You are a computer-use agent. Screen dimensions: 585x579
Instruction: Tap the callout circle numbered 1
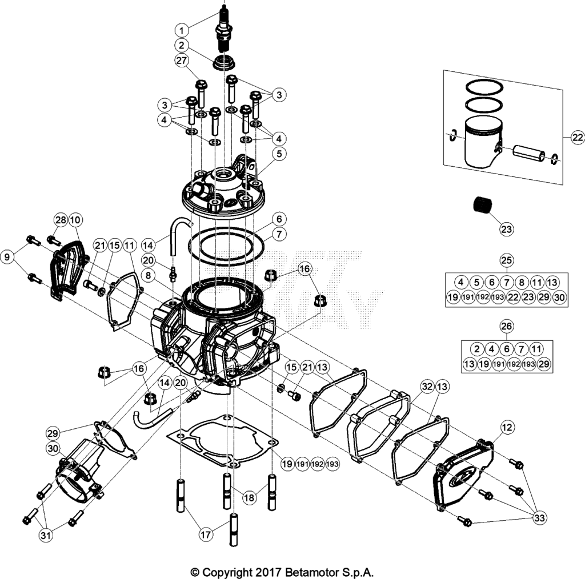pyautogui.click(x=182, y=30)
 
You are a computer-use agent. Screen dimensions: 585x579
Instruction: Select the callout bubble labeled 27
pyautogui.click(x=182, y=61)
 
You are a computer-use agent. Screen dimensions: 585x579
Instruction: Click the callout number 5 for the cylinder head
pyautogui.click(x=279, y=154)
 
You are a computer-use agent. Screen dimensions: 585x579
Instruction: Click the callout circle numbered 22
pyautogui.click(x=578, y=138)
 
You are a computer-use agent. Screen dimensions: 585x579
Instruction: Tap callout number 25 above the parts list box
pyautogui.click(x=506, y=260)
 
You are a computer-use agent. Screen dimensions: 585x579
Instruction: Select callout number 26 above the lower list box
pyautogui.click(x=506, y=326)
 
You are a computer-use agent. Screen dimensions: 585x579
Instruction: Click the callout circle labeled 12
pyautogui.click(x=507, y=427)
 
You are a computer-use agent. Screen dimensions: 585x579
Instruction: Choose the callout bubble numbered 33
pyautogui.click(x=539, y=517)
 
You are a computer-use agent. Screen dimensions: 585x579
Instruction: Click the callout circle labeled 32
pyautogui.click(x=427, y=386)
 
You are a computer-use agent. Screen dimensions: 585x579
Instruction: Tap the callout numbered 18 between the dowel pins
pyautogui.click(x=249, y=497)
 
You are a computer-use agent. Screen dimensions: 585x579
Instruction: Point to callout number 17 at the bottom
pyautogui.click(x=206, y=534)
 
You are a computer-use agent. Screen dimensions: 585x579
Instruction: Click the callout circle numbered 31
pyautogui.click(x=46, y=536)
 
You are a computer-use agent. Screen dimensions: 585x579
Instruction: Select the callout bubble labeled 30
pyautogui.click(x=53, y=448)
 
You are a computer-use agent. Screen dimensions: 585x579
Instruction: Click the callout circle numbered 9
pyautogui.click(x=7, y=256)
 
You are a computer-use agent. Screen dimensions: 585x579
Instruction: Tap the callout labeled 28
pyautogui.click(x=61, y=220)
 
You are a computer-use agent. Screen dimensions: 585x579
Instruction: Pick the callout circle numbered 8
pyautogui.click(x=149, y=275)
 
